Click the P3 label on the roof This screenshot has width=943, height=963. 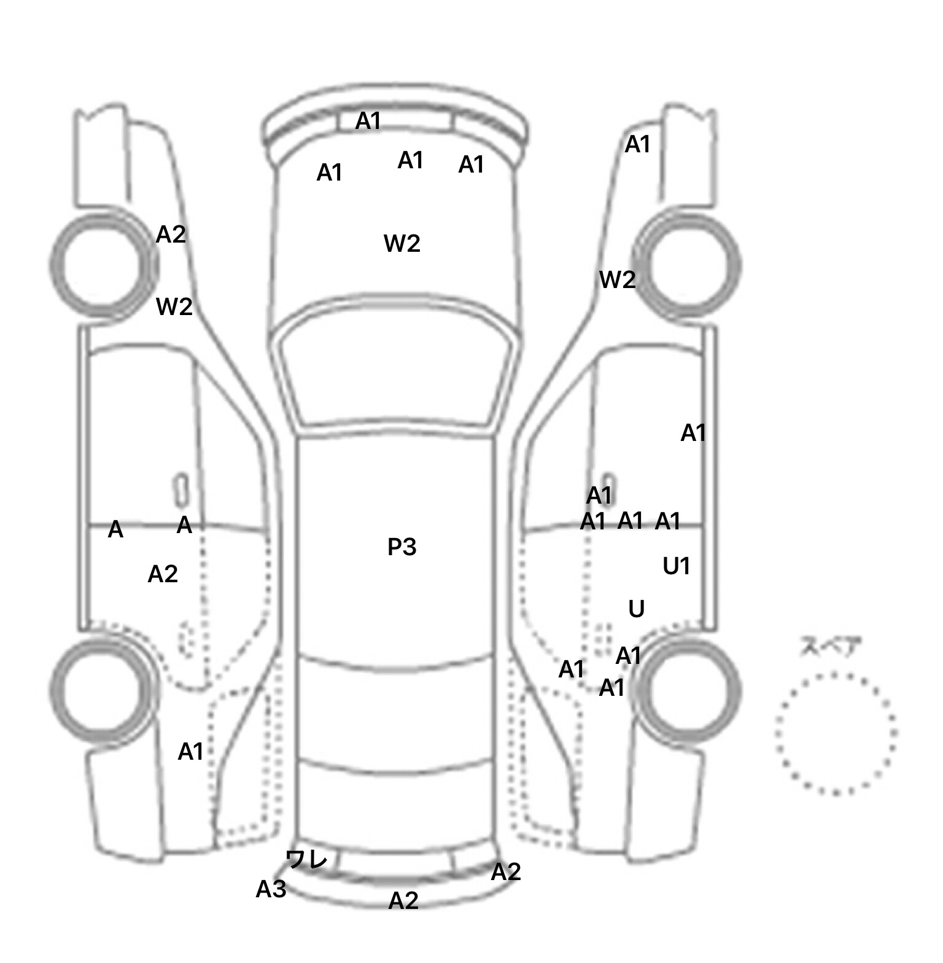[x=402, y=547]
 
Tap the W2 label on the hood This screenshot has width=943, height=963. [x=402, y=244]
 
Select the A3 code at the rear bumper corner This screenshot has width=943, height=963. [x=271, y=889]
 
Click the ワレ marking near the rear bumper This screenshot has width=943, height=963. [x=306, y=860]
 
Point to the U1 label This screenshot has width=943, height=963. [x=677, y=566]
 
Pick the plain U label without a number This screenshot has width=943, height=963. [x=637, y=609]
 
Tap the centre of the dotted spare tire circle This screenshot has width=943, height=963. [x=836, y=733]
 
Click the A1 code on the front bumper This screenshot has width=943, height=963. [x=368, y=121]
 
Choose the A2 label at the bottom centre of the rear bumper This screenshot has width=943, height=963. [x=403, y=900]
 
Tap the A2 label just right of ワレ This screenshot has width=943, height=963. [x=506, y=871]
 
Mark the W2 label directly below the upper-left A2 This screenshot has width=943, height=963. [x=174, y=306]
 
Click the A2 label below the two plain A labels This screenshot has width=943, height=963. [x=163, y=574]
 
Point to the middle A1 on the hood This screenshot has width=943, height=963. [x=411, y=160]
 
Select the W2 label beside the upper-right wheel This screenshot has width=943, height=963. [x=617, y=280]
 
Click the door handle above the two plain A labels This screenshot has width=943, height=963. [x=182, y=490]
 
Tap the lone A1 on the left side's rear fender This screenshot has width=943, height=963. [x=190, y=751]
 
